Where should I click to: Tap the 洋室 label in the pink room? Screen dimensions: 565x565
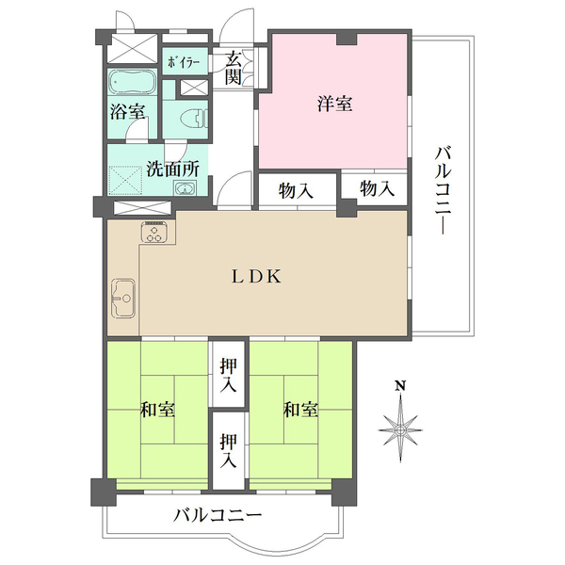tap(334, 105)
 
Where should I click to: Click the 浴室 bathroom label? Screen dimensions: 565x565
tap(127, 111)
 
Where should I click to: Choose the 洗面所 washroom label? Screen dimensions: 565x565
tap(172, 170)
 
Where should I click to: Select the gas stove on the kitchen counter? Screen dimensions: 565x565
tap(153, 233)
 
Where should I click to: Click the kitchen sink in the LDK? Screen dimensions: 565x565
tap(122, 300)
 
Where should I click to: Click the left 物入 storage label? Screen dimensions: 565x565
tap(296, 190)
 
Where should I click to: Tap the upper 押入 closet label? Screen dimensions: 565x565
tap(229, 375)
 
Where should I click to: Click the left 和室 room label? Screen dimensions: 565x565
tap(157, 411)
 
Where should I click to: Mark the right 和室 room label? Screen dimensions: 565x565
tap(300, 411)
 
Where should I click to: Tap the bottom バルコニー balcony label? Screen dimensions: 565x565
tap(218, 515)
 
